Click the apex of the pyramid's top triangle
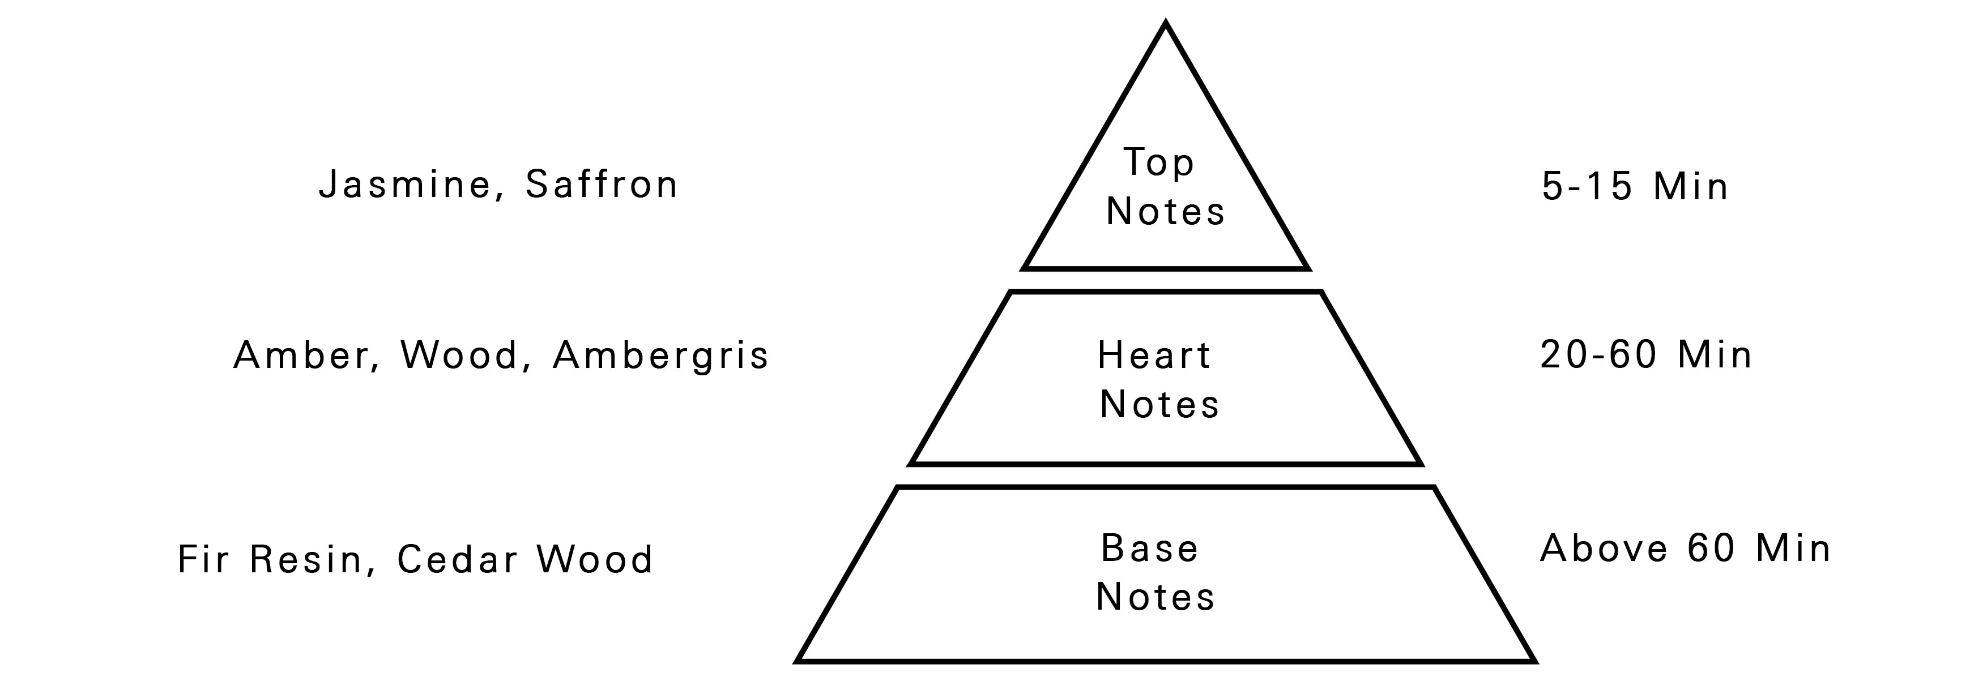pos(1166,23)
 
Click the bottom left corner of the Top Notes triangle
pos(1023,269)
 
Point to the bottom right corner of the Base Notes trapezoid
pos(1535,661)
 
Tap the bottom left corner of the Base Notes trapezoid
pos(796,661)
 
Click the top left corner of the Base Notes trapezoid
pos(897,487)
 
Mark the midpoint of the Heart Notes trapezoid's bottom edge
pos(1166,464)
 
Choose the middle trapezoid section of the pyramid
pos(1166,378)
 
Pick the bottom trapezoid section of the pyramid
pos(1166,574)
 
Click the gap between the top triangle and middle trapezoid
pos(1166,281)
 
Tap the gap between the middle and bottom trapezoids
pos(1166,476)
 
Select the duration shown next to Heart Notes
pos(1645,355)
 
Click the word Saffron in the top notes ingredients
pos(602,185)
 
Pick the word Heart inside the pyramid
pos(1154,356)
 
